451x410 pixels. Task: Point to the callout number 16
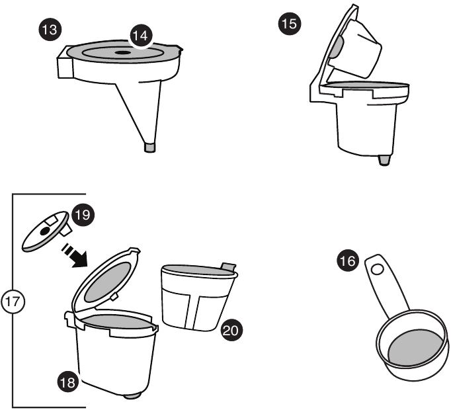click(347, 263)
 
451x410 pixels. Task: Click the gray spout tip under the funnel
click(151, 146)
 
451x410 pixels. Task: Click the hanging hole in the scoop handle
click(377, 269)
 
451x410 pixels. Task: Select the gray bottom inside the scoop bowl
click(414, 347)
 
